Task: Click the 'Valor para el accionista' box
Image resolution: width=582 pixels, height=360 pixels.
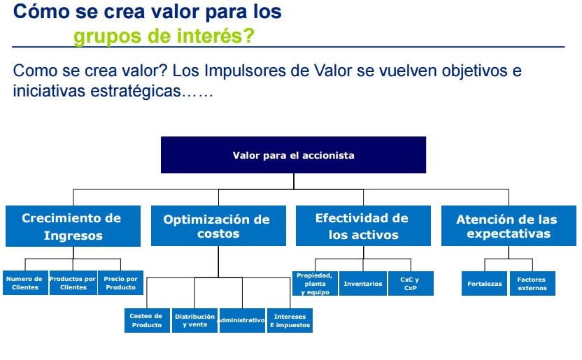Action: coord(293,155)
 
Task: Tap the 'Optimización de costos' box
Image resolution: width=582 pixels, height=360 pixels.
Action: coord(218,226)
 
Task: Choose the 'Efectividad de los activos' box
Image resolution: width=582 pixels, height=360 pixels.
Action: coord(362,226)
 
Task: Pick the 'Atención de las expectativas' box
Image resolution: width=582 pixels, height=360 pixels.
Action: coord(509,226)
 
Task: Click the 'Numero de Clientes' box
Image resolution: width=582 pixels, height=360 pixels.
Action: coord(24,283)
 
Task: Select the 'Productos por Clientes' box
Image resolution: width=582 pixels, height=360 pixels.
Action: coord(73,283)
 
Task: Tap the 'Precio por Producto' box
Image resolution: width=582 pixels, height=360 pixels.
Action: coord(120,283)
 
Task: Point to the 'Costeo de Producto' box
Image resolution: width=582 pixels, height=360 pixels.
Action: coord(147,320)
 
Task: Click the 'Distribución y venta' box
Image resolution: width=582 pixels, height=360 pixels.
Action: coord(194,320)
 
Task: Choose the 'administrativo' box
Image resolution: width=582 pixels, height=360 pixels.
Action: coord(241,320)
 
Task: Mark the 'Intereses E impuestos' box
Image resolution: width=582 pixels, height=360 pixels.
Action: coord(290,320)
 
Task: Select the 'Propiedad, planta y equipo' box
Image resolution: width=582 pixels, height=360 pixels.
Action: coord(315,283)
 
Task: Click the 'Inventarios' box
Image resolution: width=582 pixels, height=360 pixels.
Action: coord(363,283)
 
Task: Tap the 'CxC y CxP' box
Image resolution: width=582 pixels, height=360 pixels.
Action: coord(411,283)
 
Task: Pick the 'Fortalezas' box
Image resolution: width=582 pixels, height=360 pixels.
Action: coord(484,283)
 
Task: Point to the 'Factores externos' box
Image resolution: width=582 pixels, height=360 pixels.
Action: coord(532,283)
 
